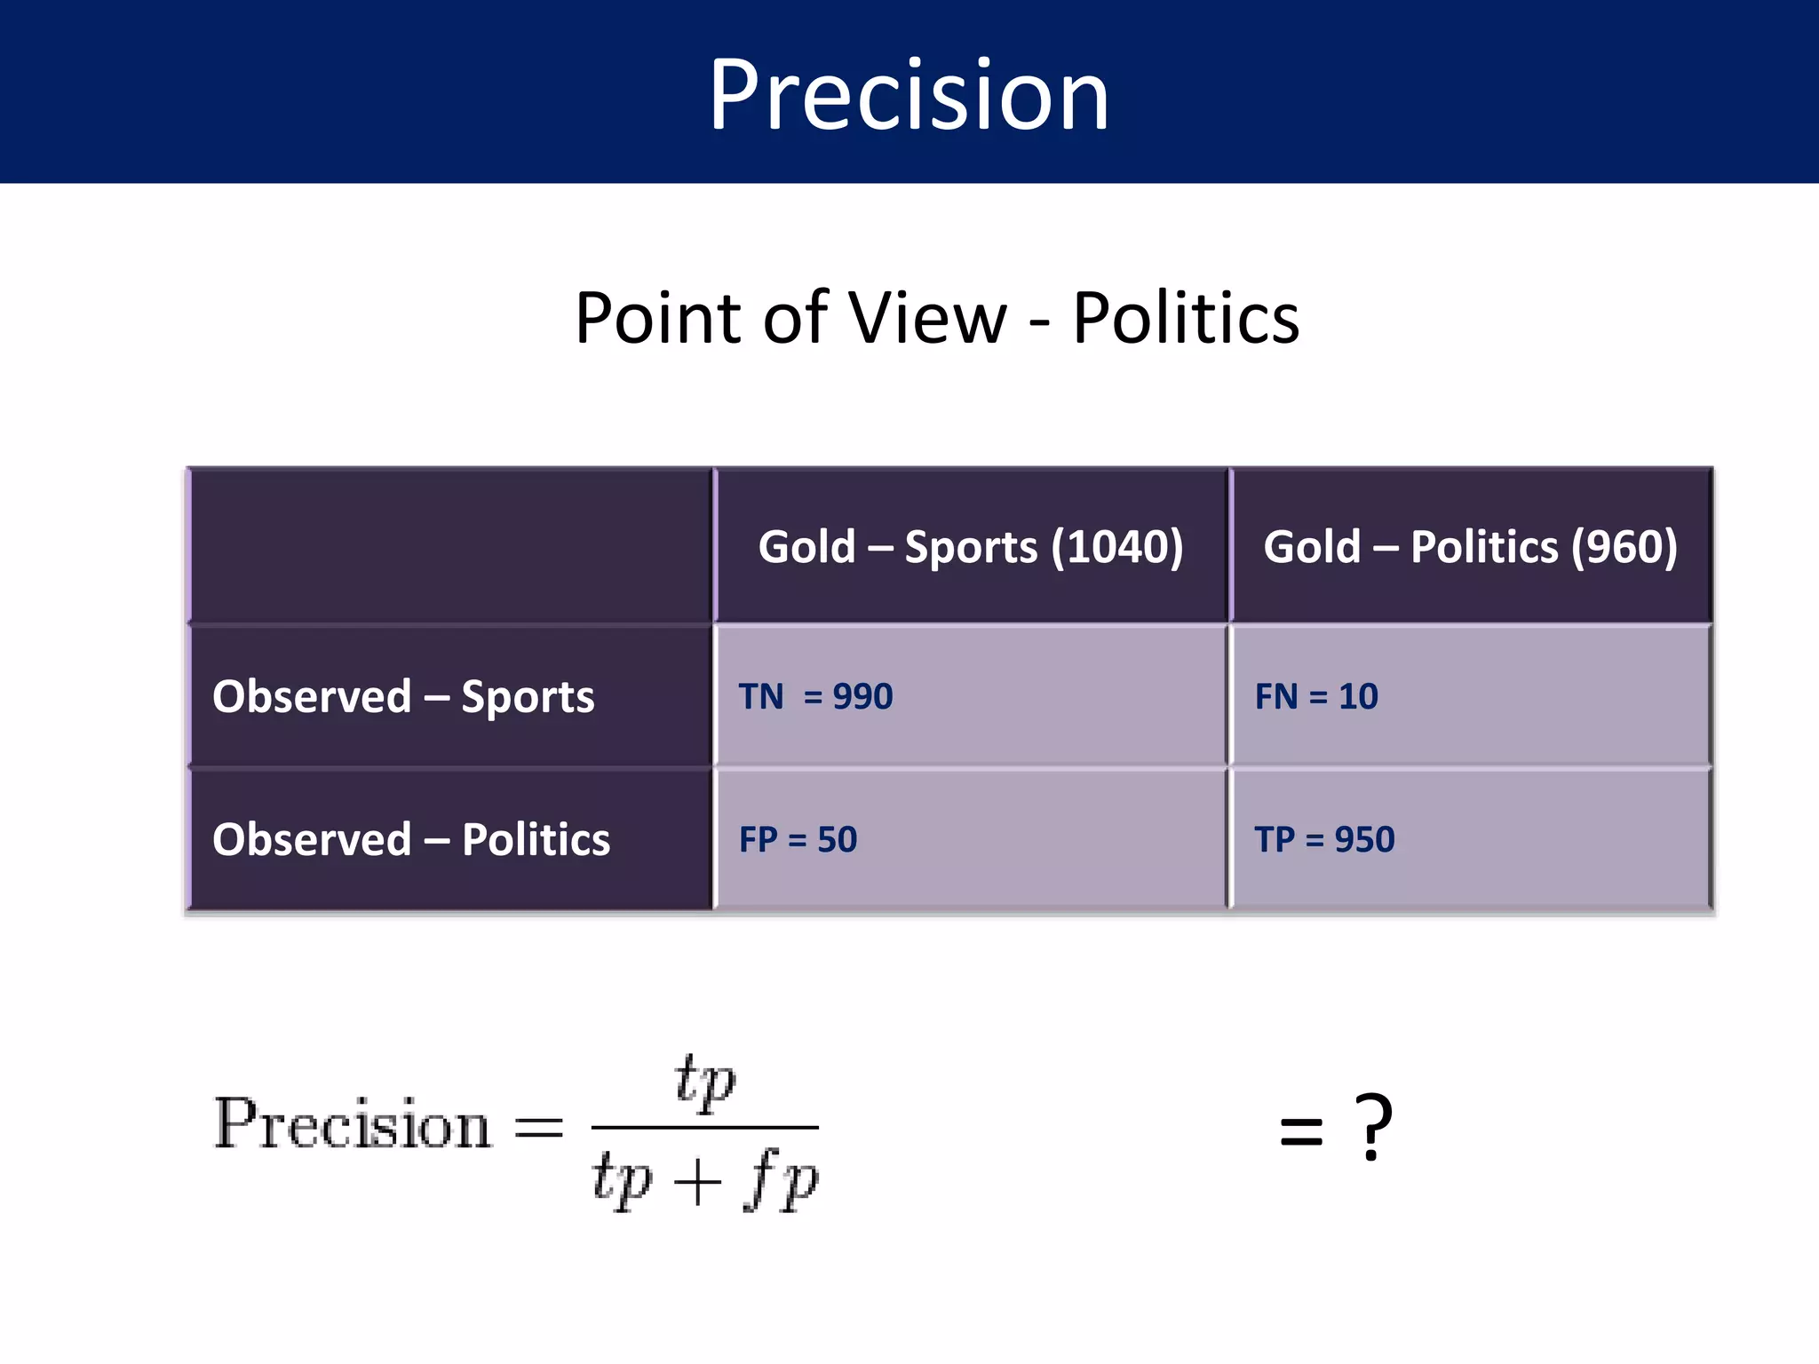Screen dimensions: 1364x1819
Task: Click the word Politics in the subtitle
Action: coord(1185,318)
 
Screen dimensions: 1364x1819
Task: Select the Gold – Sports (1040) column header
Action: coord(970,546)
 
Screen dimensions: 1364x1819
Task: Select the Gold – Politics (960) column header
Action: coord(1470,546)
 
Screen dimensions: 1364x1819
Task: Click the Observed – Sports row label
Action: coord(403,696)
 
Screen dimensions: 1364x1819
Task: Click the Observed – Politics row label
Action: coord(411,839)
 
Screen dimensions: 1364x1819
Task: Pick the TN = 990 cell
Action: coord(815,696)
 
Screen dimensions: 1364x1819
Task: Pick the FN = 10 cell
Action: coord(1316,696)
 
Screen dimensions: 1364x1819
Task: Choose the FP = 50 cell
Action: coord(798,839)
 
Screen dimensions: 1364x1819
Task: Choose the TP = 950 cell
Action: coord(1324,839)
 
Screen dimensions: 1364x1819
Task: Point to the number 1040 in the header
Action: coord(1117,546)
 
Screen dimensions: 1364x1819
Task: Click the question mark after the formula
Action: coord(1373,1128)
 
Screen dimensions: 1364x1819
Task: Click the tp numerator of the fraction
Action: coord(704,1082)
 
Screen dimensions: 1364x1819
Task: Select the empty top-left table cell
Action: coord(451,545)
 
